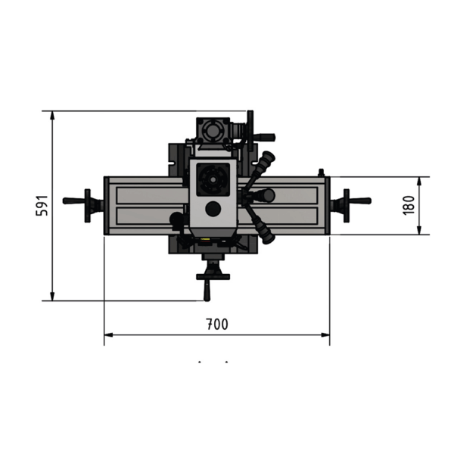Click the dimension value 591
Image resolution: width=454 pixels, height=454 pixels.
tap(42, 205)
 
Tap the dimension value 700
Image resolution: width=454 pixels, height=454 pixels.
tap(217, 325)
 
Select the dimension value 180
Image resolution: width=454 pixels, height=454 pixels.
tap(409, 205)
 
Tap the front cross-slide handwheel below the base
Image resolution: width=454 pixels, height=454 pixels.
tap(213, 277)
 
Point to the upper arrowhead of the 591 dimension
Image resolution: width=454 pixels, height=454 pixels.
tap(52, 115)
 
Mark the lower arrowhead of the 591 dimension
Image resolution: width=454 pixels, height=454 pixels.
tap(52, 297)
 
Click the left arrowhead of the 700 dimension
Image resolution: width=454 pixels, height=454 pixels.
tap(108, 335)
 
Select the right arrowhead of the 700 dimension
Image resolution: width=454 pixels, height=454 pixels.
tap(325, 335)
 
